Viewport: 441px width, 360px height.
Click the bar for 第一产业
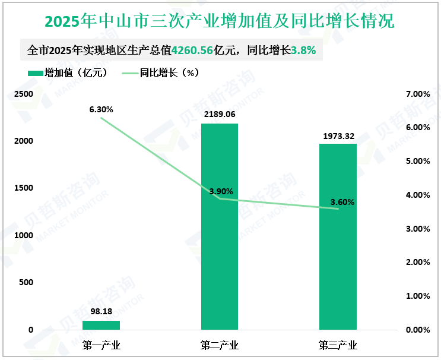click(101, 325)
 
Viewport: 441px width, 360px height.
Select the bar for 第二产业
click(220, 226)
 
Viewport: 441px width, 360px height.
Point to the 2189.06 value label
click(220, 114)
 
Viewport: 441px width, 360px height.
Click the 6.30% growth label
click(101, 109)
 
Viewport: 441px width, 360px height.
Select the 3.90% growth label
click(221, 191)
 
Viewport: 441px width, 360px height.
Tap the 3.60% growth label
click(342, 202)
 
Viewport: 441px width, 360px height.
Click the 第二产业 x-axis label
click(220, 345)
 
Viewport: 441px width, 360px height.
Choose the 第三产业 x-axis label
click(338, 345)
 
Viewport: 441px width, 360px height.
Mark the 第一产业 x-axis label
click(101, 345)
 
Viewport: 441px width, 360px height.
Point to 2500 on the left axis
click(24, 94)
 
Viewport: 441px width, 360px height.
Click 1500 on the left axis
click(24, 188)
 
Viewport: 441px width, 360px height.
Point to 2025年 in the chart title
click(70, 22)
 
